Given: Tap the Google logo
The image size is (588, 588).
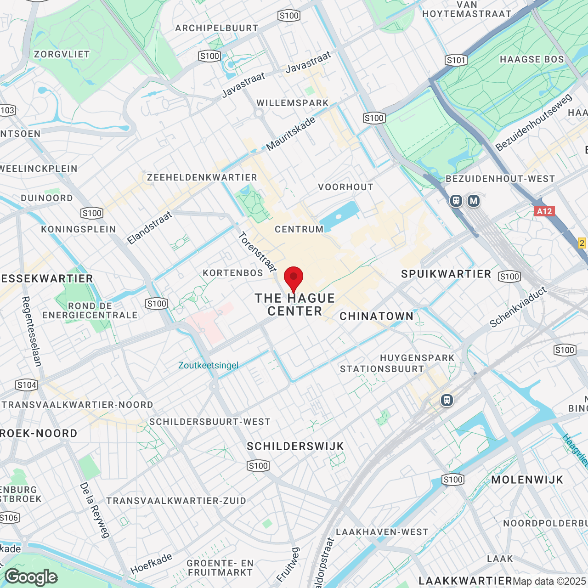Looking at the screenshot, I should [x=31, y=577].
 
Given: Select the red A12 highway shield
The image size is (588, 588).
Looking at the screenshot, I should [x=544, y=211].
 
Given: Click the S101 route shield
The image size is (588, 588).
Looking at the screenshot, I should [x=456, y=60].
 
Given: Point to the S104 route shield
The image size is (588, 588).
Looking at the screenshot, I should [x=27, y=385].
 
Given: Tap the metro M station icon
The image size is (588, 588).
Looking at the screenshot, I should [x=474, y=201].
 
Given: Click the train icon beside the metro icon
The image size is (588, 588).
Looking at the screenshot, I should [x=456, y=201].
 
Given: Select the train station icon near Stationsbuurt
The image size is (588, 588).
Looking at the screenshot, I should [x=447, y=400].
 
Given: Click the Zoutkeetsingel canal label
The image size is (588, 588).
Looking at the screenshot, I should [x=209, y=365].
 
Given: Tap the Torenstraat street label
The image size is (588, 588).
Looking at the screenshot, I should [x=257, y=252].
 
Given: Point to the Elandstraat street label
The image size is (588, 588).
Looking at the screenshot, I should [x=149, y=228].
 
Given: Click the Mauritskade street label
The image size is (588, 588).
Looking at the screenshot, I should [x=291, y=134].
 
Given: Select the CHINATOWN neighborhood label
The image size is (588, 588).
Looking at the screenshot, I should [x=377, y=316].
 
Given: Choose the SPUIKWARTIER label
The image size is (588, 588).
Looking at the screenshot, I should [x=446, y=274].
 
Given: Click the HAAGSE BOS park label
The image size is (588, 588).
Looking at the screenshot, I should [x=531, y=59].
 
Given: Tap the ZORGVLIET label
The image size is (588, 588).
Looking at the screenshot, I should [x=62, y=54].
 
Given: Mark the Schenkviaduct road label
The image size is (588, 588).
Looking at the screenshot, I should [x=518, y=307].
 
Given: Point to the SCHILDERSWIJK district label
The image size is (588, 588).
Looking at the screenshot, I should [x=295, y=446].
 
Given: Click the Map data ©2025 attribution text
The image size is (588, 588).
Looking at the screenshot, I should [x=549, y=581].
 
